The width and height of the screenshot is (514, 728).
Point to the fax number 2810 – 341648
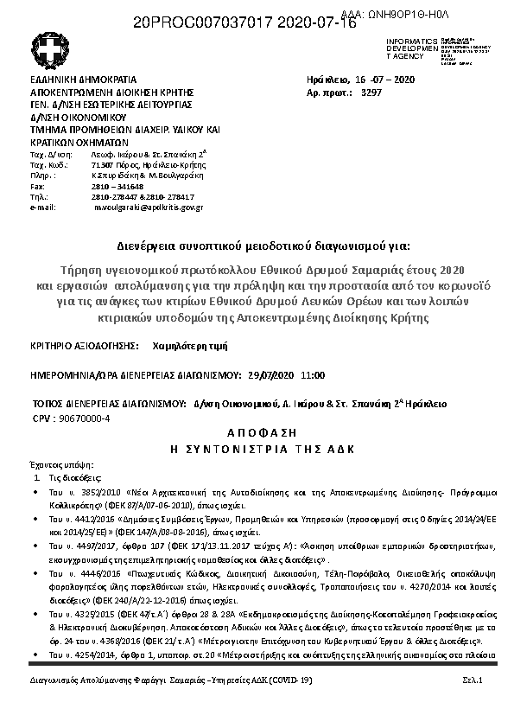click(x=117, y=187)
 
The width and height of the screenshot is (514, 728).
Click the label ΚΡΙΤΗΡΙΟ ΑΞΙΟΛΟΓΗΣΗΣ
click(x=84, y=344)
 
